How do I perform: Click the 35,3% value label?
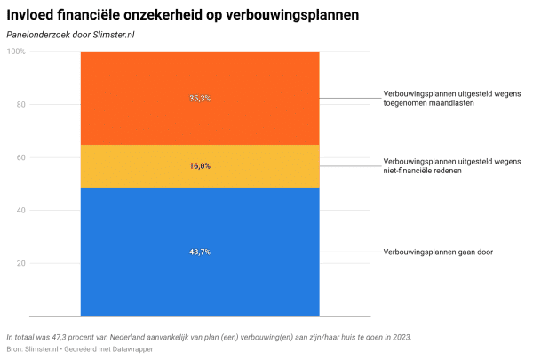pos(200,98)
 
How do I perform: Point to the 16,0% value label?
pos(200,166)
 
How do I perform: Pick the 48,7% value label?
pos(200,252)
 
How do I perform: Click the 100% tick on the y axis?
pos(16,52)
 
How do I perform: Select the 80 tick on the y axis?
pos(20,105)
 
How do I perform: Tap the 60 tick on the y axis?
pos(20,157)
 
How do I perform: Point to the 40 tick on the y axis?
pos(20,211)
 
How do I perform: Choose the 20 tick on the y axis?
pos(20,263)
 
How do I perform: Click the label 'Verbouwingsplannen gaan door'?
pos(438,252)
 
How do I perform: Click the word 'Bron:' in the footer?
pos(16,350)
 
